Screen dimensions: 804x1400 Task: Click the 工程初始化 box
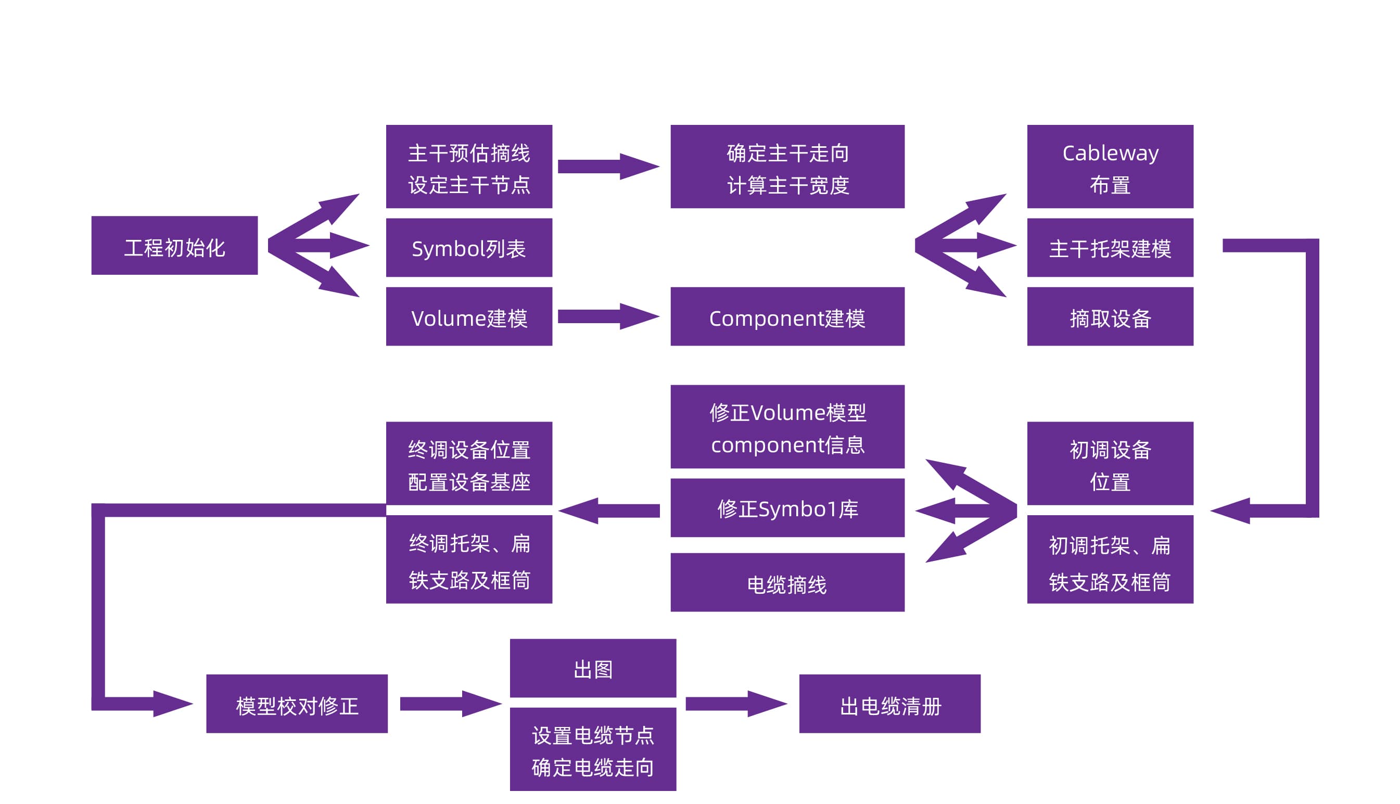click(x=174, y=245)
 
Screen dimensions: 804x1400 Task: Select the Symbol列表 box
click(x=469, y=247)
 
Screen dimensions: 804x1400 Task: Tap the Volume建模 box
click(x=469, y=316)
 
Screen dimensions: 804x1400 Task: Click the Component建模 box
click(x=787, y=316)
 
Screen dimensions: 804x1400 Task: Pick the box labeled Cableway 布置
click(x=1110, y=166)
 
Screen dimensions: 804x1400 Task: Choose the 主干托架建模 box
click(x=1110, y=247)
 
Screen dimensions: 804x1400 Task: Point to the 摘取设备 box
click(x=1110, y=316)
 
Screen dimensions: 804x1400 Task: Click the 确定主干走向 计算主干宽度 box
click(x=787, y=166)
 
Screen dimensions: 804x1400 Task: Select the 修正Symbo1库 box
click(x=787, y=507)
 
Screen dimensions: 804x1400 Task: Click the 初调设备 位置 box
click(x=1110, y=463)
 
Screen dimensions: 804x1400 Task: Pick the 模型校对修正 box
click(x=297, y=704)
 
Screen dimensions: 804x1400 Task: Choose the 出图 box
click(x=593, y=668)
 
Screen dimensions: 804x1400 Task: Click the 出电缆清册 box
click(x=890, y=704)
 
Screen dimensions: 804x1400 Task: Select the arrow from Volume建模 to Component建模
click(x=607, y=316)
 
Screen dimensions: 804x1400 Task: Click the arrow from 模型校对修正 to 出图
click(x=450, y=704)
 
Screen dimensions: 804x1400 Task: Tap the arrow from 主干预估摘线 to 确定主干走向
click(x=607, y=166)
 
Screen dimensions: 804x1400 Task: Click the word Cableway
click(x=1110, y=153)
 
